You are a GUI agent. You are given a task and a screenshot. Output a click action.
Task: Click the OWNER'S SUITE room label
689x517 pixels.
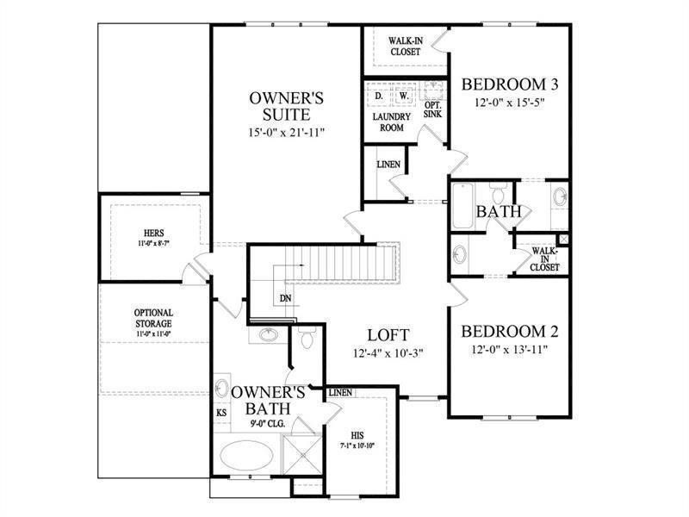[286, 105]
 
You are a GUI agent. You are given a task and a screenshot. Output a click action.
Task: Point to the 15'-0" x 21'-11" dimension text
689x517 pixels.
[286, 133]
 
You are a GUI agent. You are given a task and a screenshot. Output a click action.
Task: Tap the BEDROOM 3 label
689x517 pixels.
[511, 84]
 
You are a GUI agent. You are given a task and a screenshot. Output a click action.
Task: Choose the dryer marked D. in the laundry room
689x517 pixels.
[379, 95]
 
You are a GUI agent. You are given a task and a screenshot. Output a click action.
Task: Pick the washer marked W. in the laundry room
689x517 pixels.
[402, 95]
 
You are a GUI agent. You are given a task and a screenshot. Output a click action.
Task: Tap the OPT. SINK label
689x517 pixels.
[432, 109]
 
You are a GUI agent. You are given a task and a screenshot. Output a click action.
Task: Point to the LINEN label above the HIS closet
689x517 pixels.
[340, 393]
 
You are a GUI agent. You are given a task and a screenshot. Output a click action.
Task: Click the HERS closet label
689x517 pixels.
[154, 233]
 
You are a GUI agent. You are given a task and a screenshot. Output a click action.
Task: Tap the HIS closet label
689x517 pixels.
[358, 435]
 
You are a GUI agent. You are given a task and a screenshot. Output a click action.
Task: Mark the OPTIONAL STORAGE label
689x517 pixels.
[153, 318]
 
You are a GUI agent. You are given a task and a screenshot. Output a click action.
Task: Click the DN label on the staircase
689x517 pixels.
[284, 299]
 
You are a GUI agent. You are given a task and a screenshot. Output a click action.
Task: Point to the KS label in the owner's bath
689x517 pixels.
[221, 413]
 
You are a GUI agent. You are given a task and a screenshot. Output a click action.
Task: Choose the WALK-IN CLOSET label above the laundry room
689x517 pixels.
[404, 46]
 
